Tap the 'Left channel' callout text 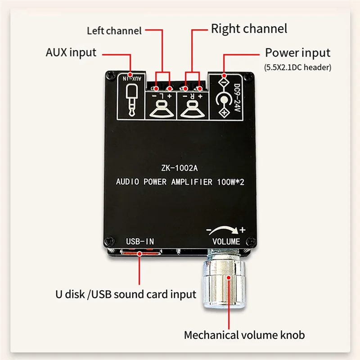pyautogui.click(x=114, y=31)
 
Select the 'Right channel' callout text pyautogui.click(x=249, y=29)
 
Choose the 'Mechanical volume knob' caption pyautogui.click(x=244, y=335)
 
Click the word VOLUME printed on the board pyautogui.click(x=226, y=242)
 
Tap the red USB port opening pyautogui.click(x=139, y=254)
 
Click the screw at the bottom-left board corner pyautogui.click(x=107, y=242)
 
